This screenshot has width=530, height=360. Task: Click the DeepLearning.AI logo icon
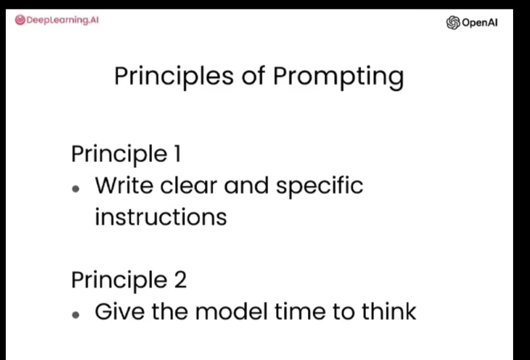tap(20, 20)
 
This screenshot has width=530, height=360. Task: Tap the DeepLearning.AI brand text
tap(63, 20)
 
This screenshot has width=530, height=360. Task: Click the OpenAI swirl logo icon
tap(453, 23)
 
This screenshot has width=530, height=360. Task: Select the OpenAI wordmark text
tap(480, 23)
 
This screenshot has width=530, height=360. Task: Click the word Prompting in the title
tap(338, 77)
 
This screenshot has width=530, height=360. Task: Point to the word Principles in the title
tap(174, 77)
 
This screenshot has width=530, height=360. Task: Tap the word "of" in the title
tap(253, 75)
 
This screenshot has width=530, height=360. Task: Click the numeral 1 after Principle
tap(178, 154)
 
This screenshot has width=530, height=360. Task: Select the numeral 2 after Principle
tap(180, 279)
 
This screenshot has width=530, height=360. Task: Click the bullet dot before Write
tap(76, 189)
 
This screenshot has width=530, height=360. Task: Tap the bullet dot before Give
tap(76, 315)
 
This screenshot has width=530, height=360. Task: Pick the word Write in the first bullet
tap(124, 185)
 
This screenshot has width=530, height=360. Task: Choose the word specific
tap(320, 187)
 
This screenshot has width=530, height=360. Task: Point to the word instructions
tap(161, 217)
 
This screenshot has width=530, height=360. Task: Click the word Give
tap(120, 311)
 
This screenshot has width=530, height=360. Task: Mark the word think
tap(389, 311)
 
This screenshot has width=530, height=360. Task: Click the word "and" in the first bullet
tap(246, 185)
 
